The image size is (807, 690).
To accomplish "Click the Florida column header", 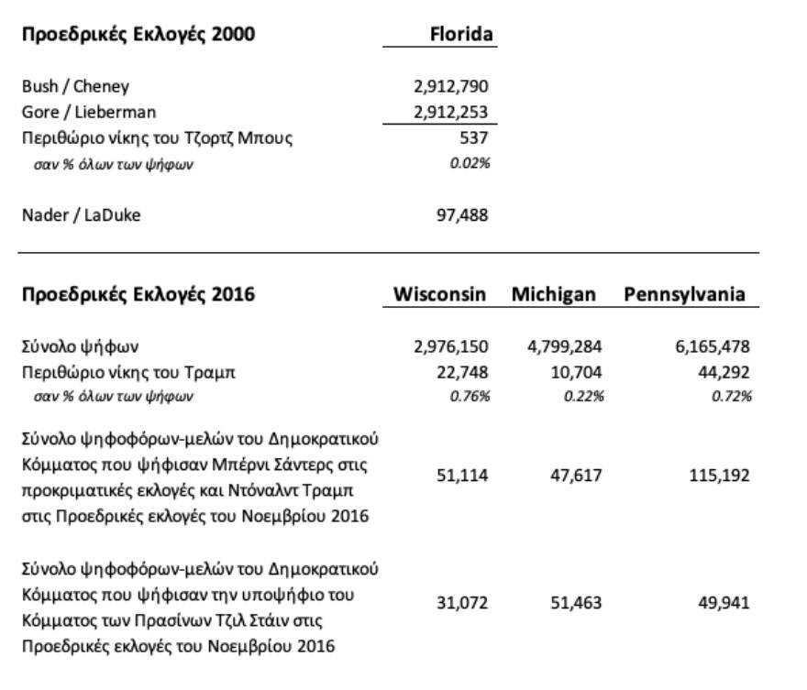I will pos(461,35).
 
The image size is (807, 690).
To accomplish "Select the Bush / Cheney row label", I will pos(76,87).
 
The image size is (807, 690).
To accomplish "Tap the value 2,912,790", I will pos(451,87).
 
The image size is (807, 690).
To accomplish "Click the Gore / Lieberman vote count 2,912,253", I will pos(451,113).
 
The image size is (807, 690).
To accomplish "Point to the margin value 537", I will pos(473,138).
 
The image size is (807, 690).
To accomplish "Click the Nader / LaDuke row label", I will pos(82,216).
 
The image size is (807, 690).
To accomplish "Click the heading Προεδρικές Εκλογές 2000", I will pos(138,36).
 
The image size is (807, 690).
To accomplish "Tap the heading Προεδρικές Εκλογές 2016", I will pos(138,295).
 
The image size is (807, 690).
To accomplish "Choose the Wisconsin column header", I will pos(441,295).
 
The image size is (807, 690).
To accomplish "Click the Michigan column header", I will pos(554,295).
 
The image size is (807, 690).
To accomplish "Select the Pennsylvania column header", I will pos(684,295).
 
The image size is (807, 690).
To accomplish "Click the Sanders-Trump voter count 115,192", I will pos(720,476).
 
